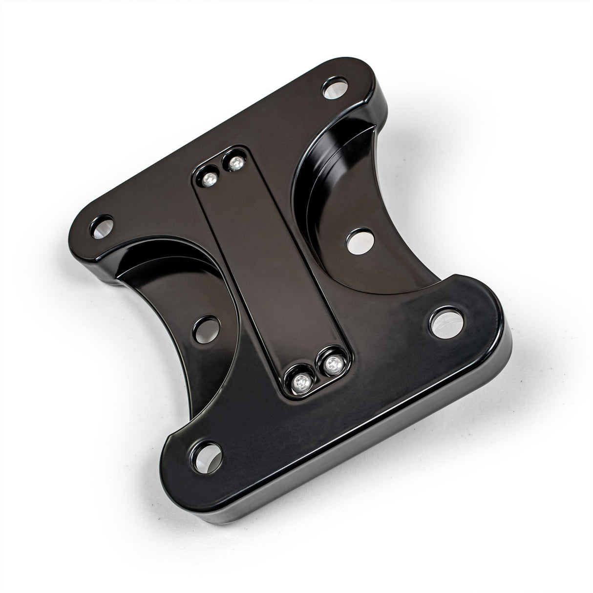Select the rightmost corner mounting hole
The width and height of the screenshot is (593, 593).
[445, 320]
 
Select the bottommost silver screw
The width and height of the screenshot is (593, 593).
[298, 386]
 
